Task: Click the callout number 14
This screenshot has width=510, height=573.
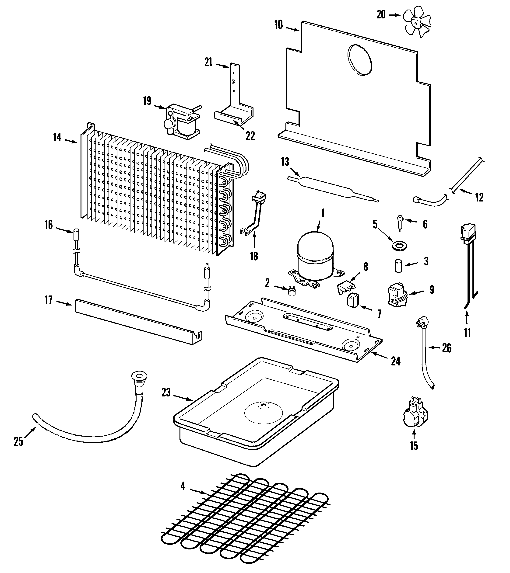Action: pos(57,137)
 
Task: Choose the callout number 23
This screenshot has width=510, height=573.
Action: pos(166,392)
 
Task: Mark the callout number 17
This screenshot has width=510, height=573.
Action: pos(49,301)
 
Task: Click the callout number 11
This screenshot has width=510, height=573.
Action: pos(467,333)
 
